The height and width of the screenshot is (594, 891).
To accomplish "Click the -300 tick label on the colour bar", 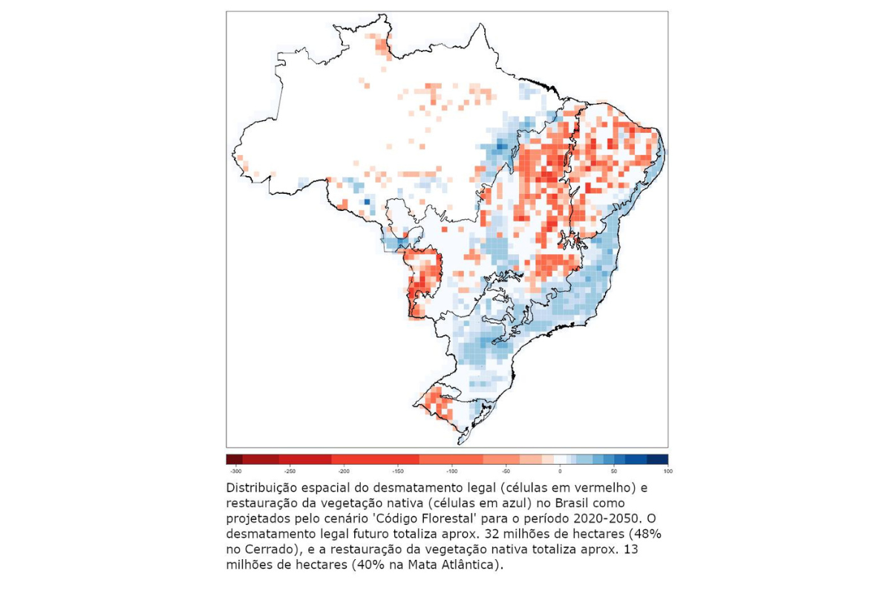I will [235, 471].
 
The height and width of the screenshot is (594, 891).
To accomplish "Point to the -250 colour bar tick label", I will [290, 471].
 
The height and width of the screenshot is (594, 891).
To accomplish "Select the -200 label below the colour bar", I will [344, 471].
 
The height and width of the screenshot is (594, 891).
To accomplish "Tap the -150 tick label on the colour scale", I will [397, 471].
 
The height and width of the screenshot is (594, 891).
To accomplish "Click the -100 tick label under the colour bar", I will [451, 471].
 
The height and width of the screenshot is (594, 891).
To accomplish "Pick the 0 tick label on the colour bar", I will [560, 471].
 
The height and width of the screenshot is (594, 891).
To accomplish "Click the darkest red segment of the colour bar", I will [234, 459].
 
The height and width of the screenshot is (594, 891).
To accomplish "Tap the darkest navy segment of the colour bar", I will [657, 459].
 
